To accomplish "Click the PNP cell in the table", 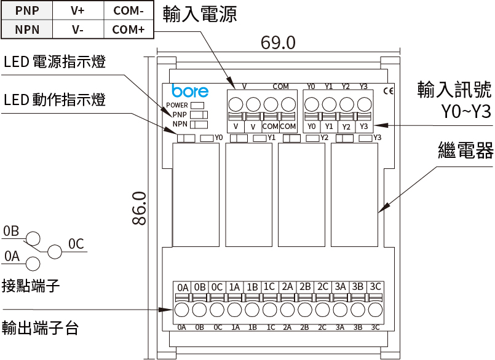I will coord(26,10).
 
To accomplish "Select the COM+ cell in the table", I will coord(128,28).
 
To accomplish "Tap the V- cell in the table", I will coord(77,28).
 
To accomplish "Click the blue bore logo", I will coord(190,91).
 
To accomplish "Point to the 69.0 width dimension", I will coord(278,42).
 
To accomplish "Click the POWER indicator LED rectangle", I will coord(197,105).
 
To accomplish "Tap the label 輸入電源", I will coord(199,15).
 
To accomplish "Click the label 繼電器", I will coord(466,151).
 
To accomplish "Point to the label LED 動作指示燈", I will coord(54,100).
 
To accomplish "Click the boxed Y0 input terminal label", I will coord(312,126).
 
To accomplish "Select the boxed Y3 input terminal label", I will coord(364,126).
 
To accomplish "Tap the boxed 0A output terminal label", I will coord(182,287).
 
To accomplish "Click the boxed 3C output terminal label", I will coord(375,287).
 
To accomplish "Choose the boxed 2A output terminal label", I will coord(287,287).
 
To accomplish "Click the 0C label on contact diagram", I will coord(76,244).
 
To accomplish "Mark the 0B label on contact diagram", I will coord(11,231).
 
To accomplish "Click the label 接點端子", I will coord(30,286).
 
